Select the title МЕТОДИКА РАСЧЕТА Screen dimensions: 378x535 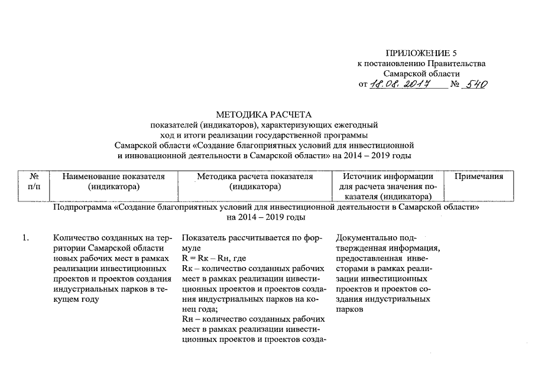[263, 115]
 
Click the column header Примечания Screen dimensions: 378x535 [478, 177]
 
